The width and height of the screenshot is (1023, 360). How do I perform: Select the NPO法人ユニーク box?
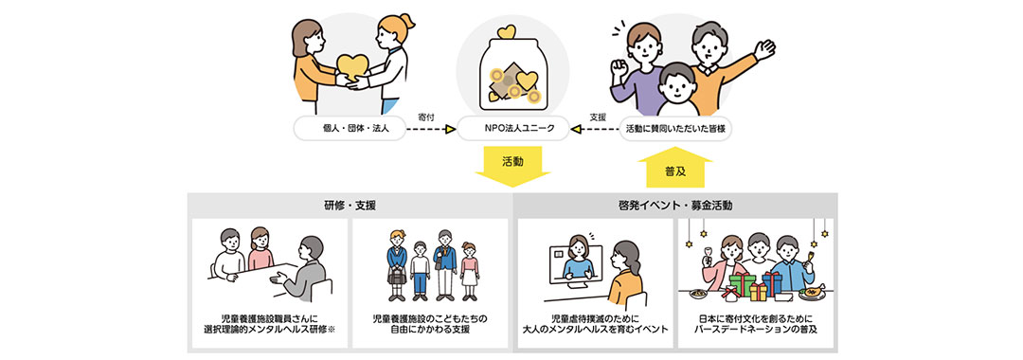tap(511, 128)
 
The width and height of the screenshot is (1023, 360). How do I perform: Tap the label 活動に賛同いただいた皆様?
tap(677, 128)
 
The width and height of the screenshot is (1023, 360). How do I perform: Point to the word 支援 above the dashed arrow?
tap(598, 117)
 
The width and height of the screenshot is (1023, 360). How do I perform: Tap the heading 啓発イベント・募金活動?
tap(674, 205)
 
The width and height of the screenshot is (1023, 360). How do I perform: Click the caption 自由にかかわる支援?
tap(431, 330)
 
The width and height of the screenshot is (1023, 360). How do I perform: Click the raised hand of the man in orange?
tap(763, 47)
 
